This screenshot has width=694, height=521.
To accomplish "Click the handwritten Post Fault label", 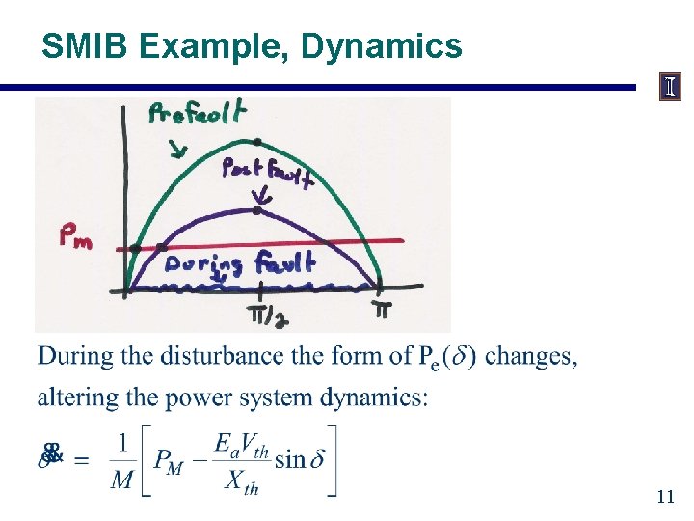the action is [266, 174].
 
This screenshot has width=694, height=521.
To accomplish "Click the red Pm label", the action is [76, 236].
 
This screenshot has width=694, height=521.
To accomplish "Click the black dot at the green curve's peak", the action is [255, 142].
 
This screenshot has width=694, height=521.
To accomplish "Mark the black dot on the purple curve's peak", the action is [256, 209].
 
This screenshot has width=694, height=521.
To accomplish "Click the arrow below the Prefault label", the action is [178, 149].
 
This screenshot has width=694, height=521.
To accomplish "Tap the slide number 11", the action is [665, 498].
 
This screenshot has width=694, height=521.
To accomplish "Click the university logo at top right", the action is [669, 87].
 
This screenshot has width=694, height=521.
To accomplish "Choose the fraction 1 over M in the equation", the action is [121, 460].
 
